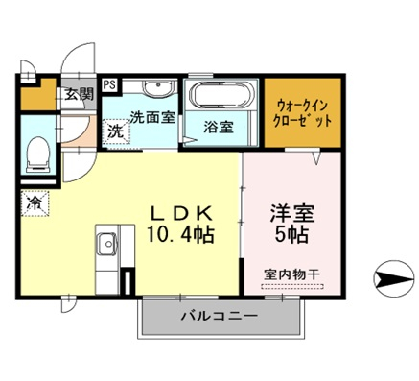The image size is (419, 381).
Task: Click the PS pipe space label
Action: [x=110, y=85]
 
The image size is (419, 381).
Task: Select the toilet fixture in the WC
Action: [x=37, y=155]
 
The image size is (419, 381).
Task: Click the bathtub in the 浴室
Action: [x=221, y=94]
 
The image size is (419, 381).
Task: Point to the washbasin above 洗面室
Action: [x=159, y=87]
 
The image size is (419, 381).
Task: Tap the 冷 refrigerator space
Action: [x=35, y=202]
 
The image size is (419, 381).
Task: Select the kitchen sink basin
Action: [x=107, y=244]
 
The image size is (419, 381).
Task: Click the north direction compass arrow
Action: [x=394, y=278]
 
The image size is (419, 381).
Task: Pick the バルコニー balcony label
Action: [x=220, y=316]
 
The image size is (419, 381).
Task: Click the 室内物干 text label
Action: [x=291, y=274]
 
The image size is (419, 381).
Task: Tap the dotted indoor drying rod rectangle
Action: [x=292, y=286]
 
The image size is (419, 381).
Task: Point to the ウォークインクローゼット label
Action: [x=302, y=113]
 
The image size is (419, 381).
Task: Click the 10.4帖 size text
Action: [x=181, y=235]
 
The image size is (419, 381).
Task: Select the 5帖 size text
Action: [x=291, y=235]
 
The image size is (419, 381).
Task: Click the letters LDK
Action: [x=181, y=214]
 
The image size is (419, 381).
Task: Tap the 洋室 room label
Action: [x=292, y=213]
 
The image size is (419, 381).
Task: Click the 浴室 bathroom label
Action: [x=219, y=128]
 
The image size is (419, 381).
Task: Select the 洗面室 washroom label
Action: [x=152, y=117]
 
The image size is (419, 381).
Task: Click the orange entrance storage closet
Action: [x=39, y=94]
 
